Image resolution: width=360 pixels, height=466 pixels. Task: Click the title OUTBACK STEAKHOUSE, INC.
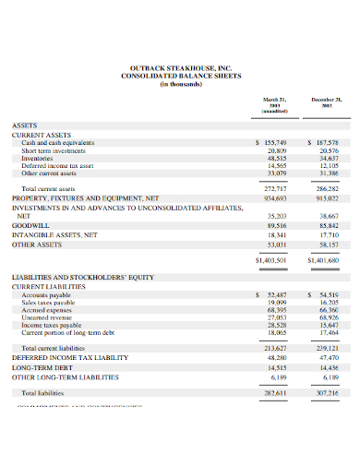click(179, 66)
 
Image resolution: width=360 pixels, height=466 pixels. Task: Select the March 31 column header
click(274, 102)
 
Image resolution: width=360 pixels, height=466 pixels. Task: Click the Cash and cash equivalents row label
click(60, 143)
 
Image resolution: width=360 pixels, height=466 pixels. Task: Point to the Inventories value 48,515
click(275, 158)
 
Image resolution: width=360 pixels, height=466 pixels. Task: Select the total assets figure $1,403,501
click(270, 260)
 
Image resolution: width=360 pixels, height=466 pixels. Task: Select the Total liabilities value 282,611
click(275, 392)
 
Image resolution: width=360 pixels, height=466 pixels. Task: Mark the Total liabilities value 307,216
click(326, 392)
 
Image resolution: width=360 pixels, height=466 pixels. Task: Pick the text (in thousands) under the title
click(179, 83)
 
